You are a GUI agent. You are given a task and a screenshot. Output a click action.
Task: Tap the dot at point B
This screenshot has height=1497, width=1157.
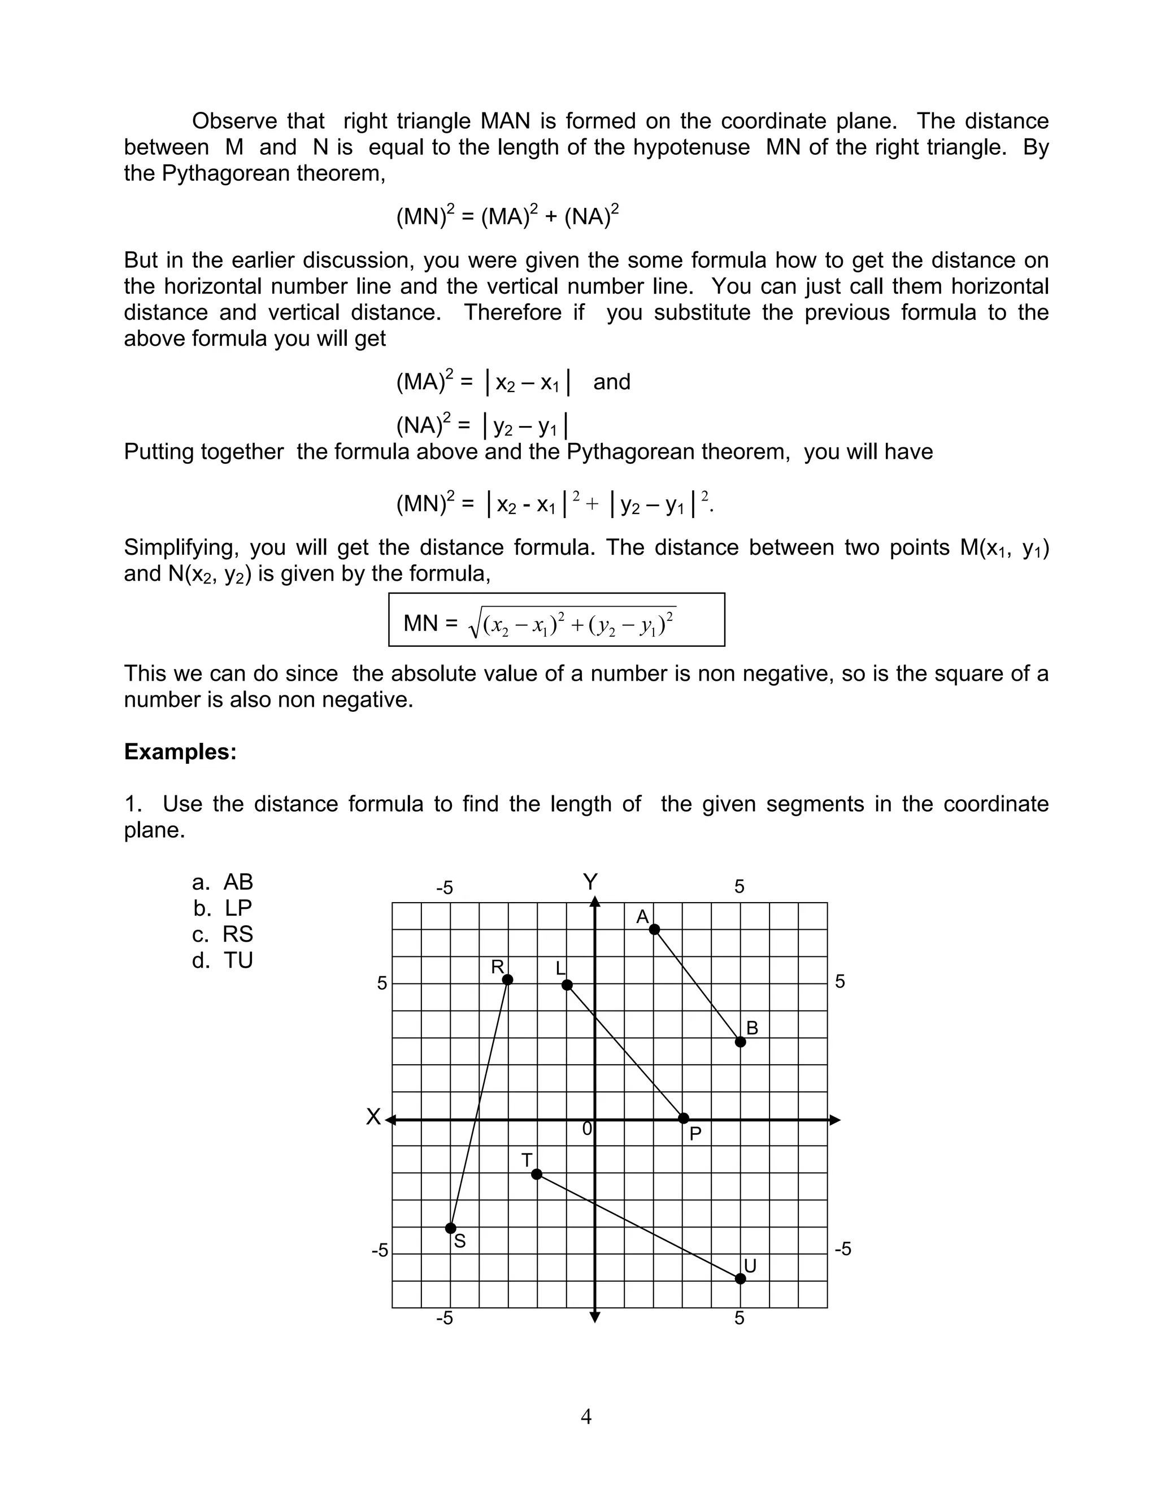tap(740, 1042)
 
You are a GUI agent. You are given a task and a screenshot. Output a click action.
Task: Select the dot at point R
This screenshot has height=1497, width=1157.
tap(507, 980)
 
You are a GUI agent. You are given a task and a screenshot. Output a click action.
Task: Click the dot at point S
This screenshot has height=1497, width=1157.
tap(451, 1228)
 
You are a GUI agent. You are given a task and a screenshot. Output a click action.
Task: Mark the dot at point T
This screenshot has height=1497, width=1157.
tap(537, 1174)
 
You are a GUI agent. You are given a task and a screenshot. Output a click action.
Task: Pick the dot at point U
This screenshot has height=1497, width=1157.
tap(740, 1279)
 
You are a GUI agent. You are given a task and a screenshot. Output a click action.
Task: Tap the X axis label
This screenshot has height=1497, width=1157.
tap(373, 1117)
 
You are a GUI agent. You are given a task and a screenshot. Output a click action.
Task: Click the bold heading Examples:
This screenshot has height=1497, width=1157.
tap(180, 752)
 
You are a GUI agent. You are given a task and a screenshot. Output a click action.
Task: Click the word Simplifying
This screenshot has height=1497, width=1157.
tap(181, 547)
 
